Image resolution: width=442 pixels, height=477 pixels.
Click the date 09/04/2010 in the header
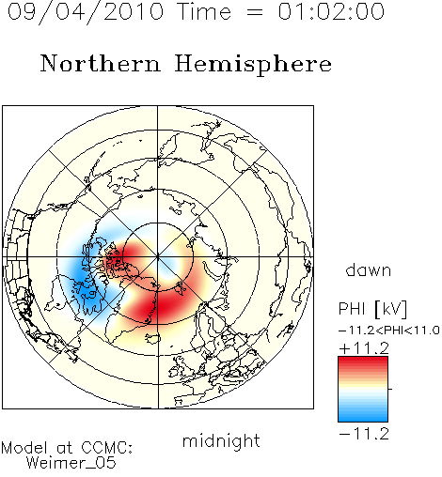86,12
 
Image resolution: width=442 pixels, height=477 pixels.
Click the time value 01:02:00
331,11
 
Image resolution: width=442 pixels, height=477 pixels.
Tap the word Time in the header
204,11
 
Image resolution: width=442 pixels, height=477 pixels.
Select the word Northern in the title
101,63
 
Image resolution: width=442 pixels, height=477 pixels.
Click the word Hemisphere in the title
253,65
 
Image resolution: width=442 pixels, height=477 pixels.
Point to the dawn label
369,269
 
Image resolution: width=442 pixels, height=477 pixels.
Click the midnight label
221,440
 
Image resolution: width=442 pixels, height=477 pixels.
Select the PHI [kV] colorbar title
372,309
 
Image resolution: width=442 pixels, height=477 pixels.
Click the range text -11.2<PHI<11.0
389,331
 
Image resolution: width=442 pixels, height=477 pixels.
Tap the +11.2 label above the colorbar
364,348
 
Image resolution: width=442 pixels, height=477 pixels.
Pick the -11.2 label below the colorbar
364,434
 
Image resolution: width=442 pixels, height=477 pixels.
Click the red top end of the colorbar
363,361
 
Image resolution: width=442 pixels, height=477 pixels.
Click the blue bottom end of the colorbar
363,418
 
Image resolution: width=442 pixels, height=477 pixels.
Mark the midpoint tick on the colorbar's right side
390,389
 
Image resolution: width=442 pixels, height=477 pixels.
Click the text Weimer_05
71,463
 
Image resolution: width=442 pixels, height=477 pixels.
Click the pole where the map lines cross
158,257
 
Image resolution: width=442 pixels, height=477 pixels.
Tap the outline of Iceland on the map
152,338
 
